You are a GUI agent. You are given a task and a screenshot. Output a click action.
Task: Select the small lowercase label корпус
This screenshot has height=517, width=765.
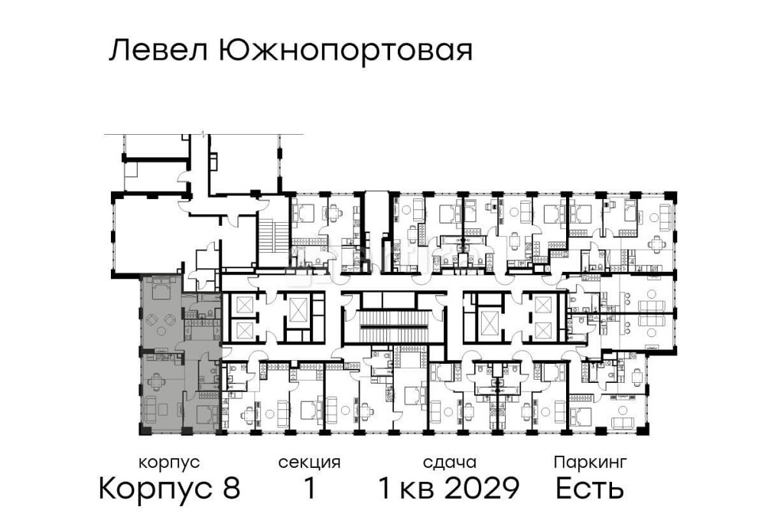pyautogui.click(x=169, y=463)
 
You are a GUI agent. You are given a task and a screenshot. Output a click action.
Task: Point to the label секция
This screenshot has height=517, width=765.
pyautogui.click(x=309, y=463)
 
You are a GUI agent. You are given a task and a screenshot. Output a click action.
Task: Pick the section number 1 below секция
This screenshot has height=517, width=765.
pyautogui.click(x=309, y=488)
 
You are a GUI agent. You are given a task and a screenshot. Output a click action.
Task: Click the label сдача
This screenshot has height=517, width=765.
pyautogui.click(x=449, y=463)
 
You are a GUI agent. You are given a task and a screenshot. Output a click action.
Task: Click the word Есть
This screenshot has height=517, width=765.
pyautogui.click(x=590, y=488)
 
